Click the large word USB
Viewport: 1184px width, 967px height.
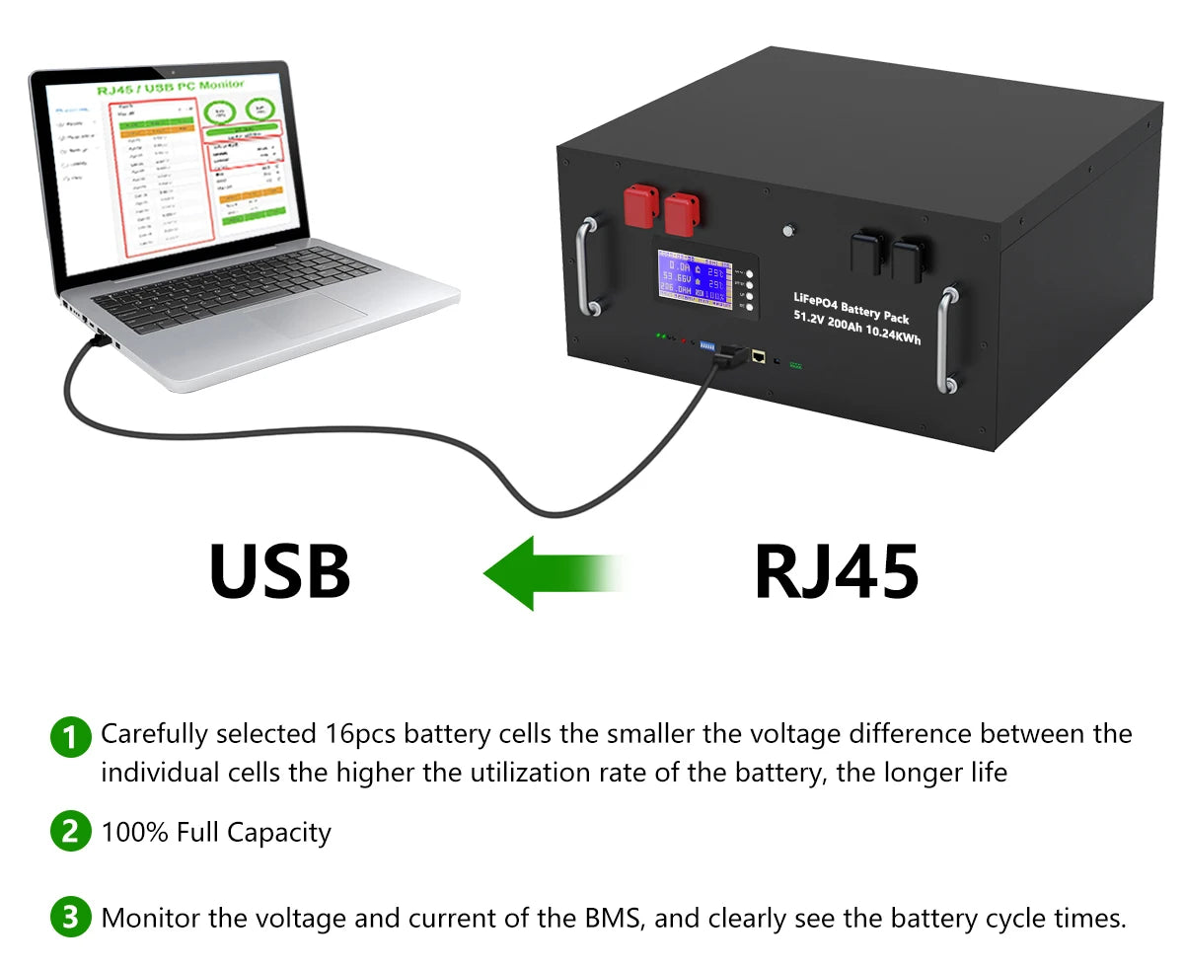click(279, 571)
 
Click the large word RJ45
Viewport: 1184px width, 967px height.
click(836, 571)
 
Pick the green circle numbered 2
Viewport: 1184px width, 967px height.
click(69, 832)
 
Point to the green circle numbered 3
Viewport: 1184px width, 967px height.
click(69, 918)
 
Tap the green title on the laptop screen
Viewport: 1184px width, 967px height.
click(171, 88)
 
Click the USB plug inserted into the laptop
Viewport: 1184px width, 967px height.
click(99, 340)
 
